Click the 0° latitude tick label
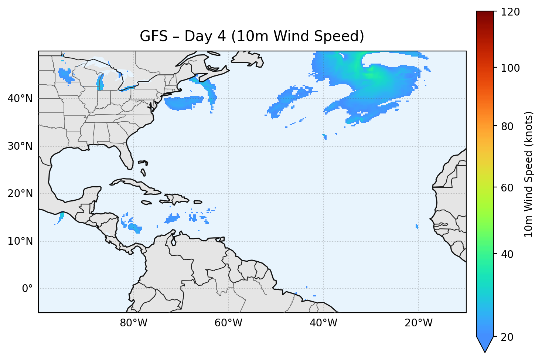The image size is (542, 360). [27, 289]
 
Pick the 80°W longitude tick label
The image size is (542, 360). [133, 323]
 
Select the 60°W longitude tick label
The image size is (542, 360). [228, 323]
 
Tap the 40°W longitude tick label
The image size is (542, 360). [323, 323]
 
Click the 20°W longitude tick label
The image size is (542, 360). [419, 323]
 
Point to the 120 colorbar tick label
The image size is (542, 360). [510, 12]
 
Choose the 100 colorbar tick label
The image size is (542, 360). [510, 68]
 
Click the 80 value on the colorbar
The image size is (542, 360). [508, 126]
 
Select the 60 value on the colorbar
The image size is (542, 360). [508, 188]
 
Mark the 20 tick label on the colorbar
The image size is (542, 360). [508, 337]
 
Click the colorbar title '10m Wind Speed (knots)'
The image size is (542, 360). [529, 174]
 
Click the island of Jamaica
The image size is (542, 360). [146, 203]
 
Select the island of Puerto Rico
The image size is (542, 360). [198, 202]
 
